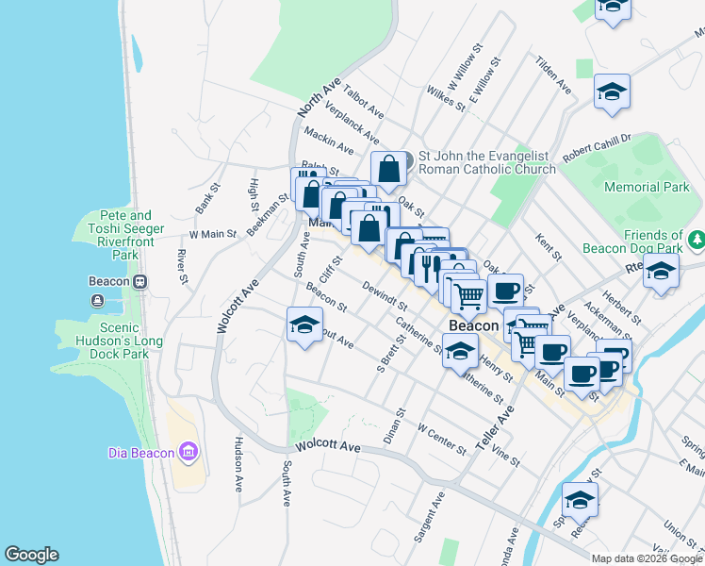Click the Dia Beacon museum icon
189,452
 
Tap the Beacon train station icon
139,281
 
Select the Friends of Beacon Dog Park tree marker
696,241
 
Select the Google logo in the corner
31,555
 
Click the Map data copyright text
646,558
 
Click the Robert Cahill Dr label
596,147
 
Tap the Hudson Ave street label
239,464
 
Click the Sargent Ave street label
428,515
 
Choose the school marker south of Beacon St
303,326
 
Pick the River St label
181,265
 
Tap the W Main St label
212,233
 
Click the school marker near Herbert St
661,272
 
